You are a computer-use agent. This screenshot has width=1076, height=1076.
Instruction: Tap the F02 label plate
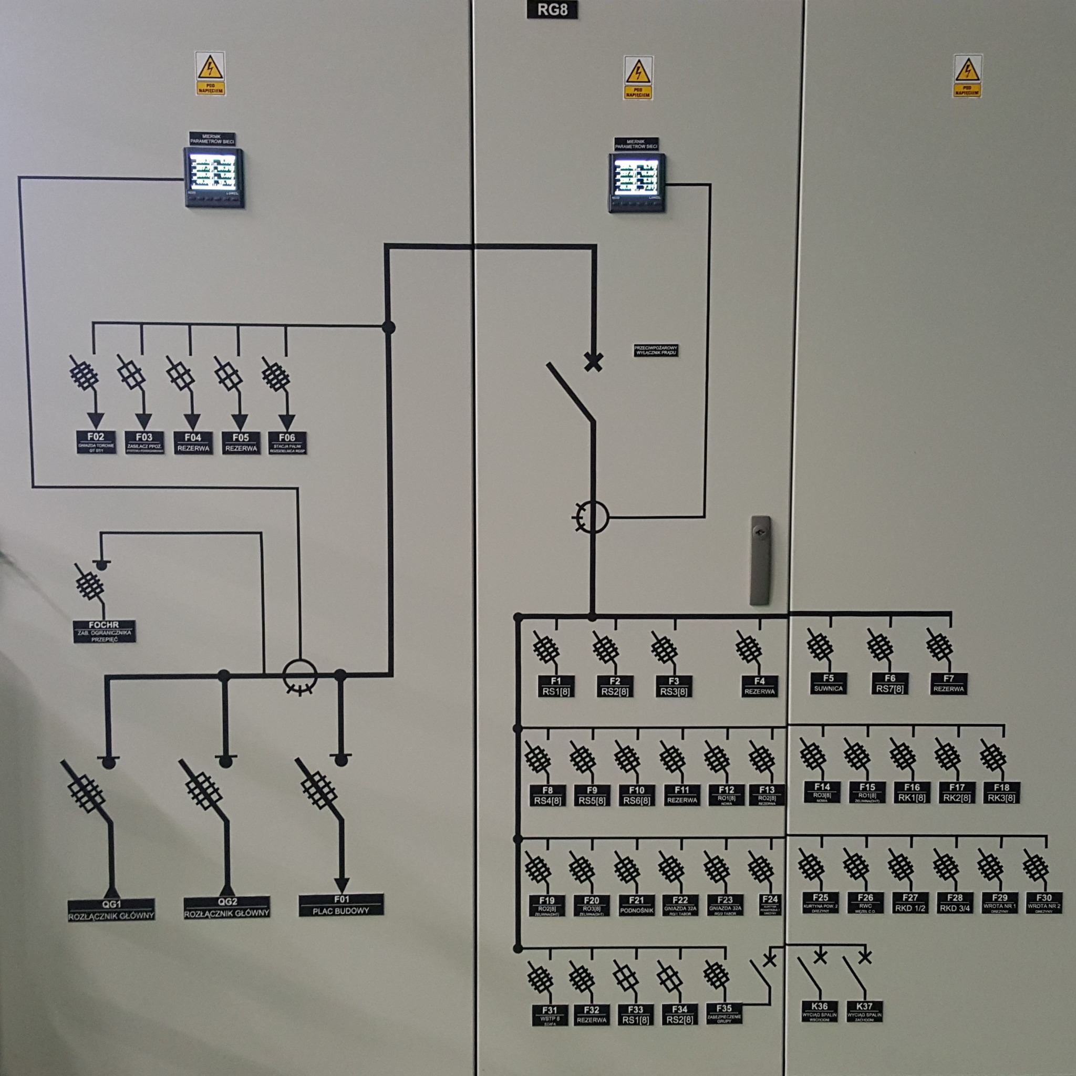click(x=96, y=442)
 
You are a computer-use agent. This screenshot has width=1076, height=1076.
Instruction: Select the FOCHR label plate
click(x=104, y=631)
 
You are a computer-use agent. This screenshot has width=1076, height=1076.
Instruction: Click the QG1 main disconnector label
click(x=111, y=909)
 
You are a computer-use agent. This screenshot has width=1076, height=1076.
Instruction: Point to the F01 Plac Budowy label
click(x=341, y=905)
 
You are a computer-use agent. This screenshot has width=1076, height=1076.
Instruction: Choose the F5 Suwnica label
click(x=828, y=684)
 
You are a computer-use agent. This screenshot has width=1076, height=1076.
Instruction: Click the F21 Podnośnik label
click(x=636, y=905)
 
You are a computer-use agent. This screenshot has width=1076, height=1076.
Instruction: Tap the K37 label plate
click(x=864, y=1011)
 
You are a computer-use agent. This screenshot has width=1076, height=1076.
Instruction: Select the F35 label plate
click(x=724, y=1012)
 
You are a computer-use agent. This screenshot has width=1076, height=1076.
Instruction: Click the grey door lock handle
click(x=760, y=560)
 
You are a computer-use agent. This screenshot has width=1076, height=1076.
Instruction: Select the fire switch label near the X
click(x=656, y=351)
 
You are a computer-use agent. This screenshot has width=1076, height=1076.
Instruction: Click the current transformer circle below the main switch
click(x=592, y=516)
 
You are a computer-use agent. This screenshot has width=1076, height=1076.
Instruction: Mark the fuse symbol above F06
click(x=275, y=375)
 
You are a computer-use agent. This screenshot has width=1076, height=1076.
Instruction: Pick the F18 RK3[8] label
click(x=1001, y=792)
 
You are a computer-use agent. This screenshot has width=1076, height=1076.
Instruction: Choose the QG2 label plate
click(x=227, y=907)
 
